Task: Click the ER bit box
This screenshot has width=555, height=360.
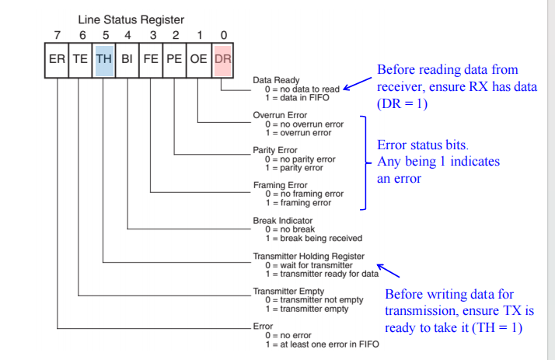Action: pos(57,59)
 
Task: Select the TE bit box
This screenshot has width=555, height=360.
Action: pos(81,59)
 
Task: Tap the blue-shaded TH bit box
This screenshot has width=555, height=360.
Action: pos(104,59)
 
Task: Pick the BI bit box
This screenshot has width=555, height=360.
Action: pos(127,59)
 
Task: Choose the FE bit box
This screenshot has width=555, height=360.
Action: pos(151,59)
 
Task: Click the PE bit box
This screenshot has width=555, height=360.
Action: pos(174,59)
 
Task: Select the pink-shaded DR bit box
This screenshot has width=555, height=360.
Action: pos(222,59)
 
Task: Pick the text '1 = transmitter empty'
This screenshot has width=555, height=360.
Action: pos(309,309)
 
